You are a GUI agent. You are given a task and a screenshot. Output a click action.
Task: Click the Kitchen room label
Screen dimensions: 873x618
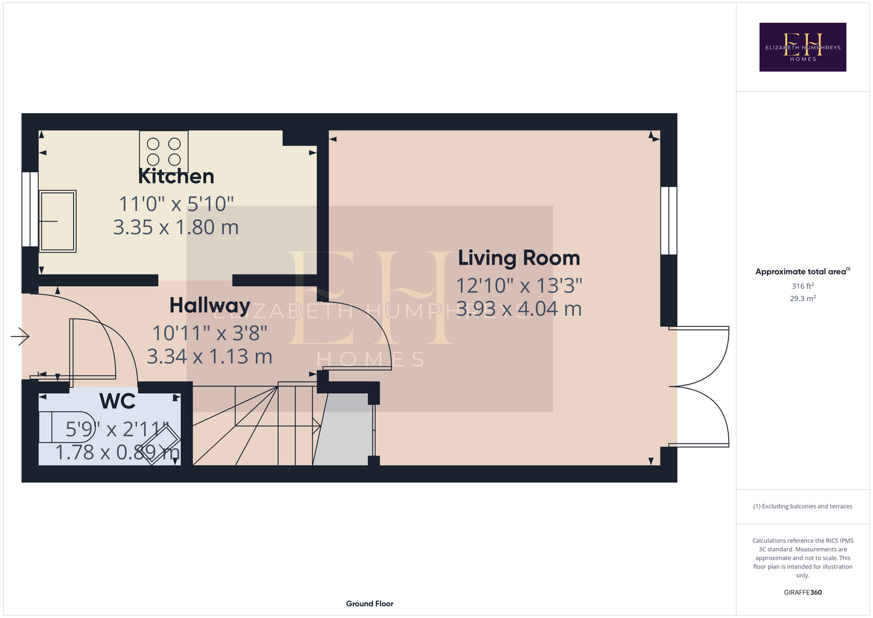[x=176, y=177]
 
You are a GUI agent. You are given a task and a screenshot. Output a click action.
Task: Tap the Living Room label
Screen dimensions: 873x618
[x=519, y=258]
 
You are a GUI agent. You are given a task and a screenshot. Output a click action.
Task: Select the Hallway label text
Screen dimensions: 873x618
[x=209, y=306]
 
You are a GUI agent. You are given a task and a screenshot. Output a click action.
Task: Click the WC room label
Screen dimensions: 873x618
[x=117, y=401]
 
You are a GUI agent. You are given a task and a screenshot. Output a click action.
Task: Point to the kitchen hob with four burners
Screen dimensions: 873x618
[x=164, y=151]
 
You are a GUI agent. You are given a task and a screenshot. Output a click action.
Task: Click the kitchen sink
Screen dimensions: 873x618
[x=57, y=221]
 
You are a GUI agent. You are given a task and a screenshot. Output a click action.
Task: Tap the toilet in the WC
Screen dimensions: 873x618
[x=67, y=427]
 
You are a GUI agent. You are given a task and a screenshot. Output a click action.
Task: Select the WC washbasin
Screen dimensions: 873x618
[x=160, y=445]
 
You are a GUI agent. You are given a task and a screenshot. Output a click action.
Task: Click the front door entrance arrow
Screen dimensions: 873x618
[x=20, y=336]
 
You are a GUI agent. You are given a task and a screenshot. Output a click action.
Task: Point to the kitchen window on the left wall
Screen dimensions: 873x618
[x=30, y=209]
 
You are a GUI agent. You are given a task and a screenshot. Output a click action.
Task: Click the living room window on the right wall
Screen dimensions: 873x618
[x=668, y=220]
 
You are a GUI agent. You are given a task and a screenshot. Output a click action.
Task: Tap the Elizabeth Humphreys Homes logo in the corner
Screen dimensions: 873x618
[x=803, y=47]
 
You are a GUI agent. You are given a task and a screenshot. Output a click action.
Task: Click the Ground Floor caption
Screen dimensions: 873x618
[x=369, y=604]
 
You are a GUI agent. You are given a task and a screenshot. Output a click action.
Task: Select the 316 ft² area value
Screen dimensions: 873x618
[x=803, y=286]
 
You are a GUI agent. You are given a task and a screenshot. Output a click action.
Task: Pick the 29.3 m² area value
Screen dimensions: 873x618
[x=803, y=298]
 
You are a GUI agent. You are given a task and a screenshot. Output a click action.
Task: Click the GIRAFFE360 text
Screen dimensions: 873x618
[x=803, y=592]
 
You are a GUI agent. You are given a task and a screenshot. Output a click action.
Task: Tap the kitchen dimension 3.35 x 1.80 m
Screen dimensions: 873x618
[x=175, y=227]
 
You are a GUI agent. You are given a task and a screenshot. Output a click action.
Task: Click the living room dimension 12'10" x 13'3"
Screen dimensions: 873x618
[x=519, y=286]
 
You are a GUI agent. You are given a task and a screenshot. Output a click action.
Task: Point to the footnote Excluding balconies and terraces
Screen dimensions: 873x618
[x=803, y=506]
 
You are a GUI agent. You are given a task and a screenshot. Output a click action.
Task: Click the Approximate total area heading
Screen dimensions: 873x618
[x=803, y=271]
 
